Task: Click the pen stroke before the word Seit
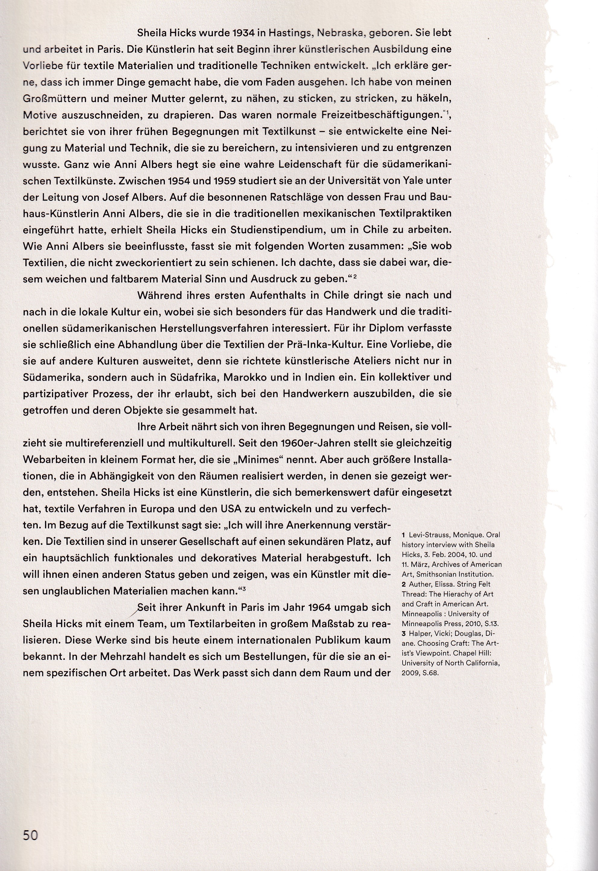132,612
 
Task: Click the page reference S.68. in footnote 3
429,673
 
